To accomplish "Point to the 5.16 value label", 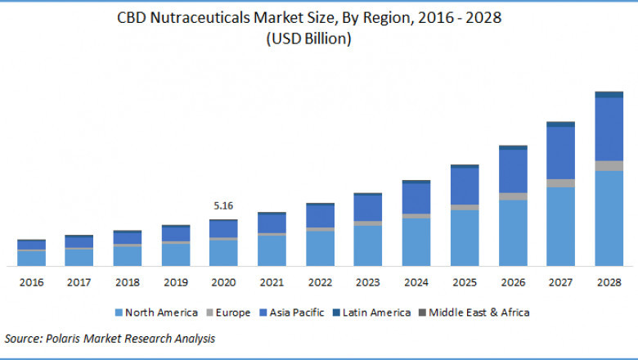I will pos(223,205).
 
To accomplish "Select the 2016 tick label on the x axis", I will pos(32,282).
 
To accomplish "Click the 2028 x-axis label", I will pos(609,282).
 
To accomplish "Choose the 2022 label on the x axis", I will pos(320,282).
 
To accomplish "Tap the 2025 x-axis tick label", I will pos(464,282).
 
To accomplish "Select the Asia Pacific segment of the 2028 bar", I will pos(609,129).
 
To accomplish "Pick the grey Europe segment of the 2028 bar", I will pos(609,166).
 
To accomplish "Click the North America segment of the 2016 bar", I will pos(32,258).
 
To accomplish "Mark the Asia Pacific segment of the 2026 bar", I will pos(512,171).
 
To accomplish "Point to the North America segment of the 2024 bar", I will pos(416,242).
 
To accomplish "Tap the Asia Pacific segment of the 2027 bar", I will pos(560,153).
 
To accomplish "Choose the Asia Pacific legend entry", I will pos(295,313).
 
